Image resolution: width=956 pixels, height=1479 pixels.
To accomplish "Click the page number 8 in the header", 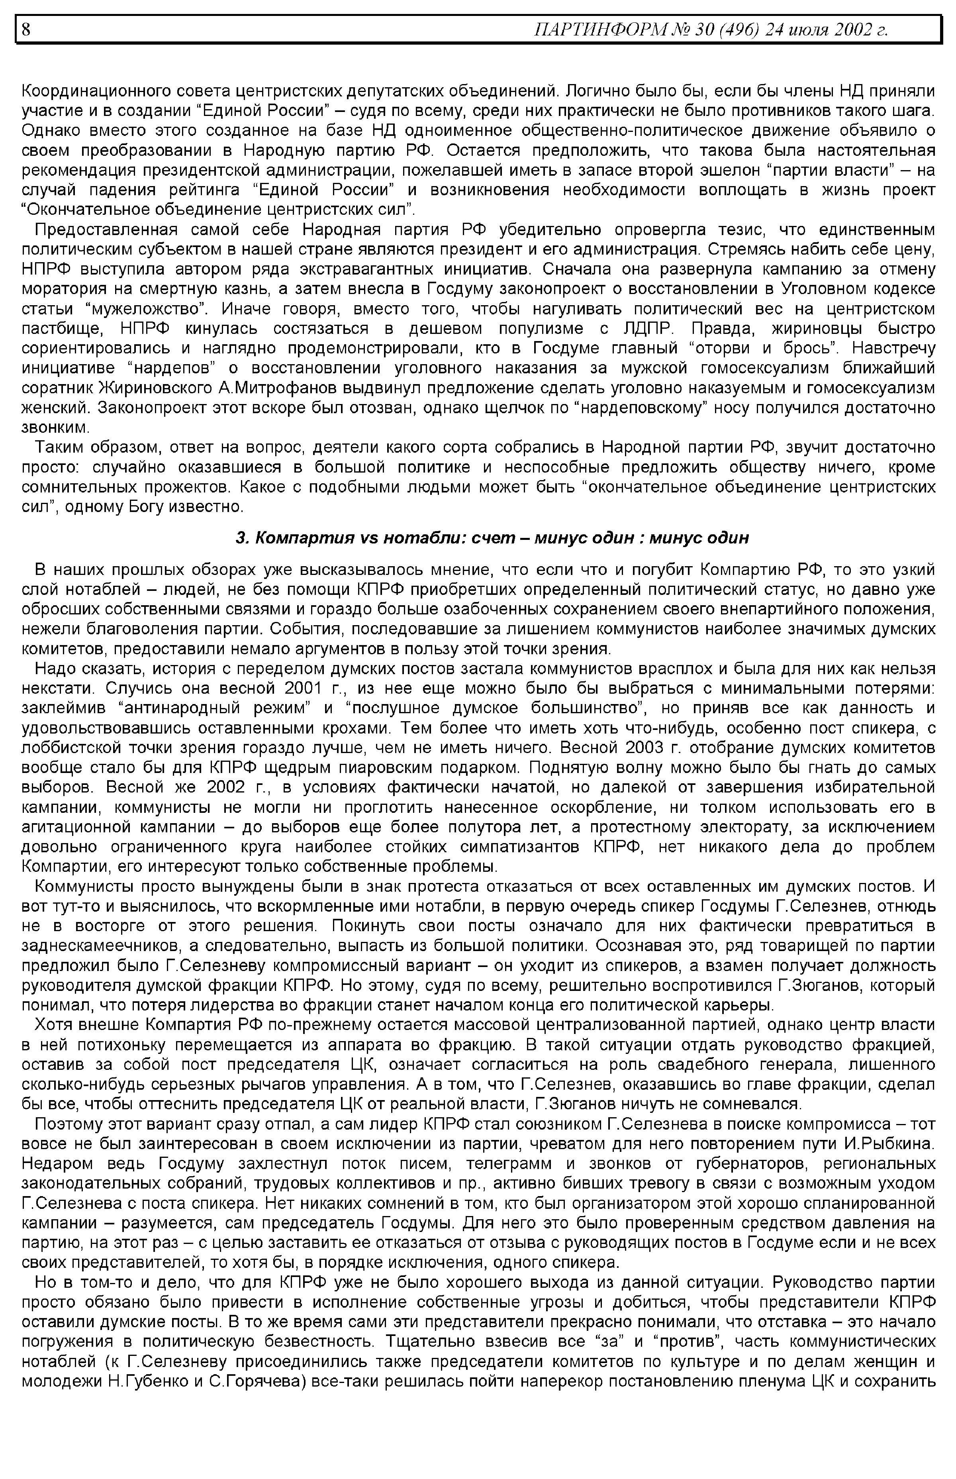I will point(26,29).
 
